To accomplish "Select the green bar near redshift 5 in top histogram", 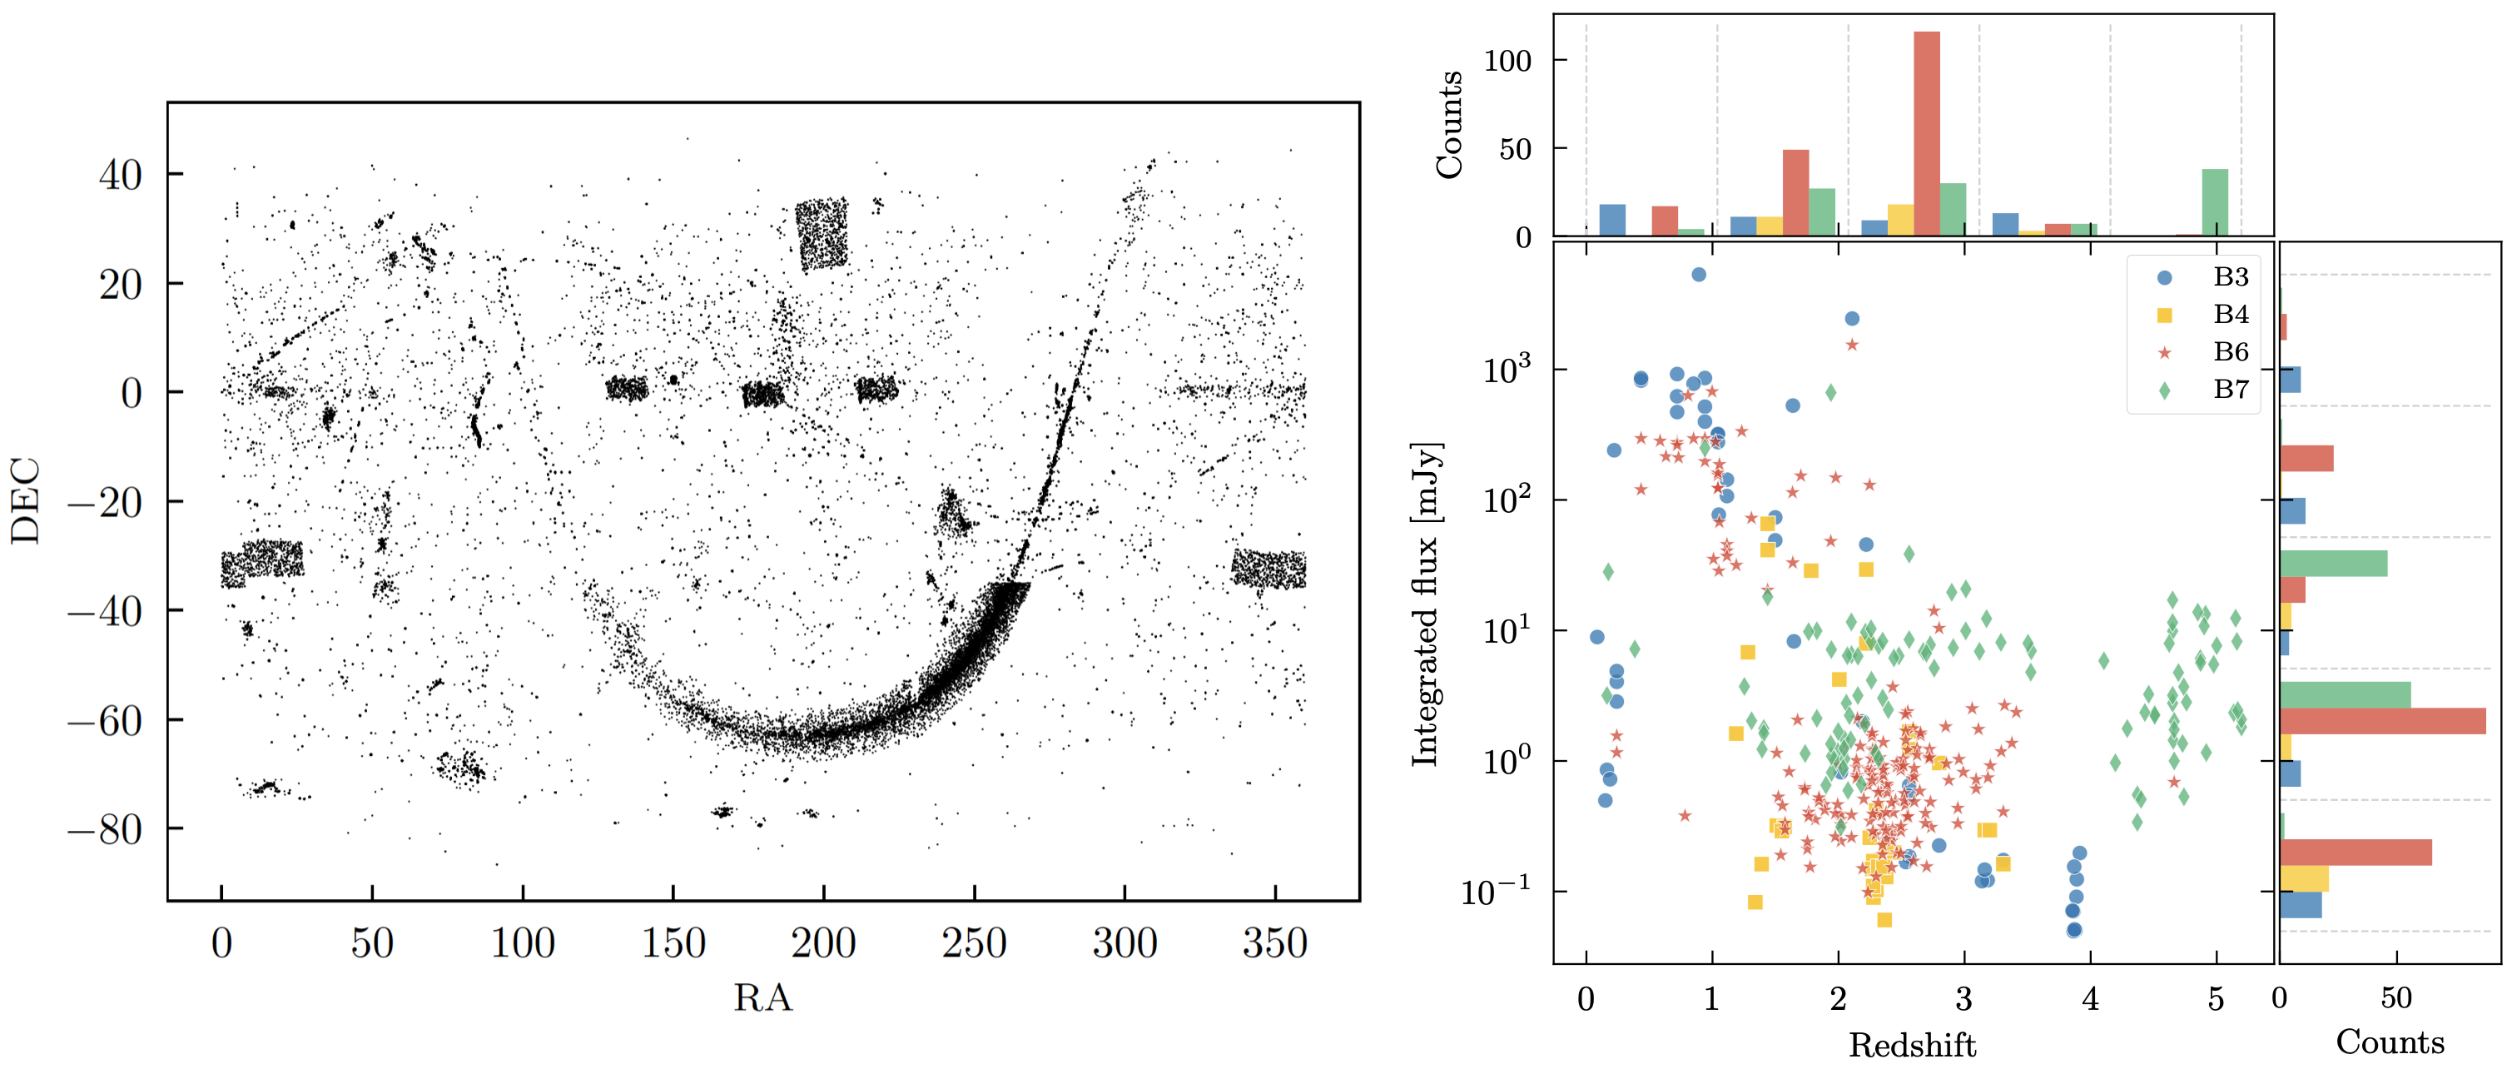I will click(x=2215, y=202).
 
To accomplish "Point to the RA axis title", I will click(x=762, y=997).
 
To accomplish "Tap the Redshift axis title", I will click(x=1912, y=1046).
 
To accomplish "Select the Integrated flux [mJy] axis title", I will click(x=1426, y=604).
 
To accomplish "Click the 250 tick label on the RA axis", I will click(x=974, y=943).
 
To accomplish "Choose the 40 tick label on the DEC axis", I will click(x=120, y=176).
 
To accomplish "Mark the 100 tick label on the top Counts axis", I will click(x=1507, y=61).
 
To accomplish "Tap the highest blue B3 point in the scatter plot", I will click(x=1699, y=275).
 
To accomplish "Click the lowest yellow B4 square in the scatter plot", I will click(x=1884, y=920).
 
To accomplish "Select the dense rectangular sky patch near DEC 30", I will click(x=822, y=234).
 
